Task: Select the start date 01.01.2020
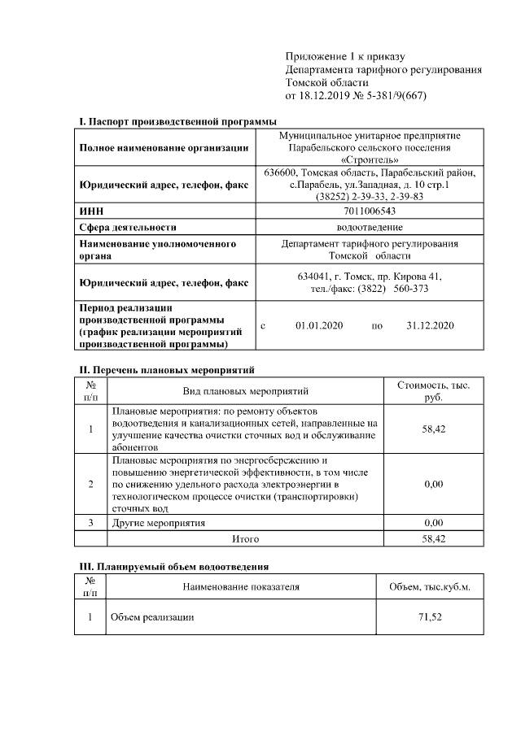pos(319,325)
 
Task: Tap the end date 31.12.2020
pos(429,325)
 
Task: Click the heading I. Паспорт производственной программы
pos(178,121)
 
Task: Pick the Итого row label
pos(245,538)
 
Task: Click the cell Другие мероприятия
pos(159,522)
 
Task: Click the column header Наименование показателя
pos(241,586)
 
